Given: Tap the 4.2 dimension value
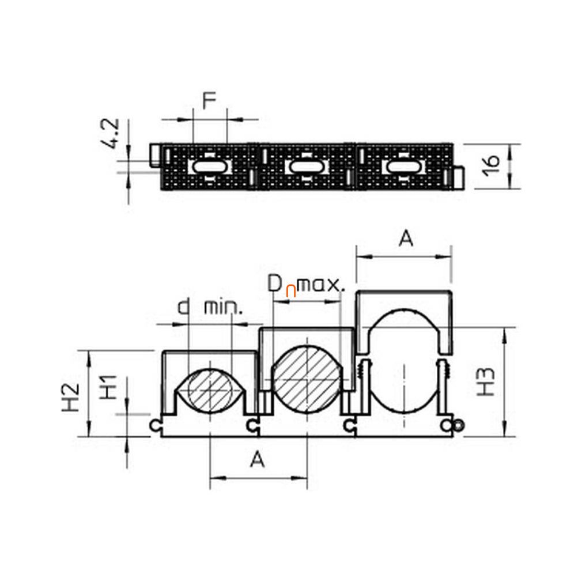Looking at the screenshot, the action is pyautogui.click(x=110, y=134).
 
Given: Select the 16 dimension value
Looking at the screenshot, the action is pyautogui.click(x=491, y=165).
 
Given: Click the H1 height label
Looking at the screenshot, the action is pyautogui.click(x=109, y=387).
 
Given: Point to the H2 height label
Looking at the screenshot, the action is pyautogui.click(x=70, y=397).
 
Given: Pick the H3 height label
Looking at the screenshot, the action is pyautogui.click(x=486, y=382).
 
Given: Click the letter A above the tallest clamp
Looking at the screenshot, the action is pyautogui.click(x=406, y=239).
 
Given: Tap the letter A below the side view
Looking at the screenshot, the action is pyautogui.click(x=257, y=459).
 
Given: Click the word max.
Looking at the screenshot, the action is pyautogui.click(x=322, y=285).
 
